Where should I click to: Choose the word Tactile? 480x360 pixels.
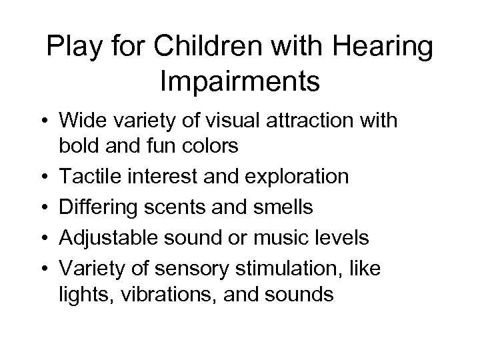pyautogui.click(x=91, y=177)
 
